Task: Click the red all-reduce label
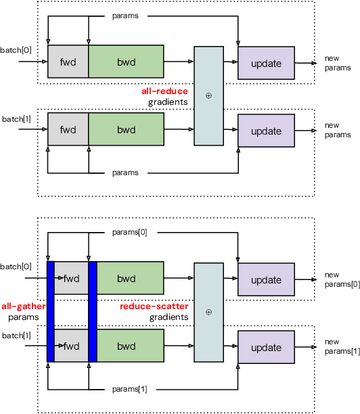tap(164, 91)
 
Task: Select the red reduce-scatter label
tap(154, 306)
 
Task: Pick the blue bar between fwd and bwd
tap(93, 312)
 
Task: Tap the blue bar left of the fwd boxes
tap(50, 312)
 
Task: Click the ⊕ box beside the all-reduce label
tap(208, 95)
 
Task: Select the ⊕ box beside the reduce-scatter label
tap(208, 312)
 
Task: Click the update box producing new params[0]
tap(266, 279)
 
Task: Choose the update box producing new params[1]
tap(266, 347)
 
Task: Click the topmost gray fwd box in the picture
tap(68, 62)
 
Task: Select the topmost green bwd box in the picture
tap(126, 62)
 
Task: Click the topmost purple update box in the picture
tap(266, 63)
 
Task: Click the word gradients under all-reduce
tap(168, 102)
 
